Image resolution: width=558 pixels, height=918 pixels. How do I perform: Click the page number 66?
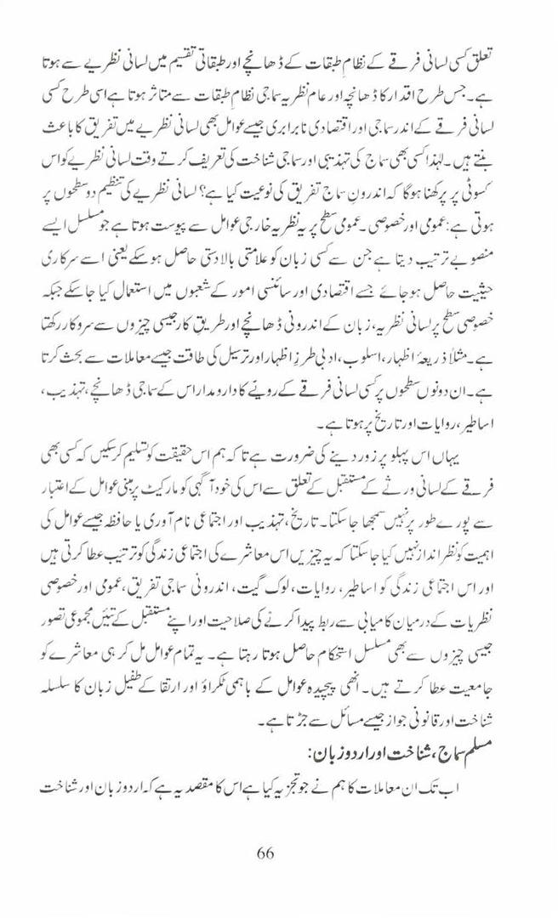pos(264,853)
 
